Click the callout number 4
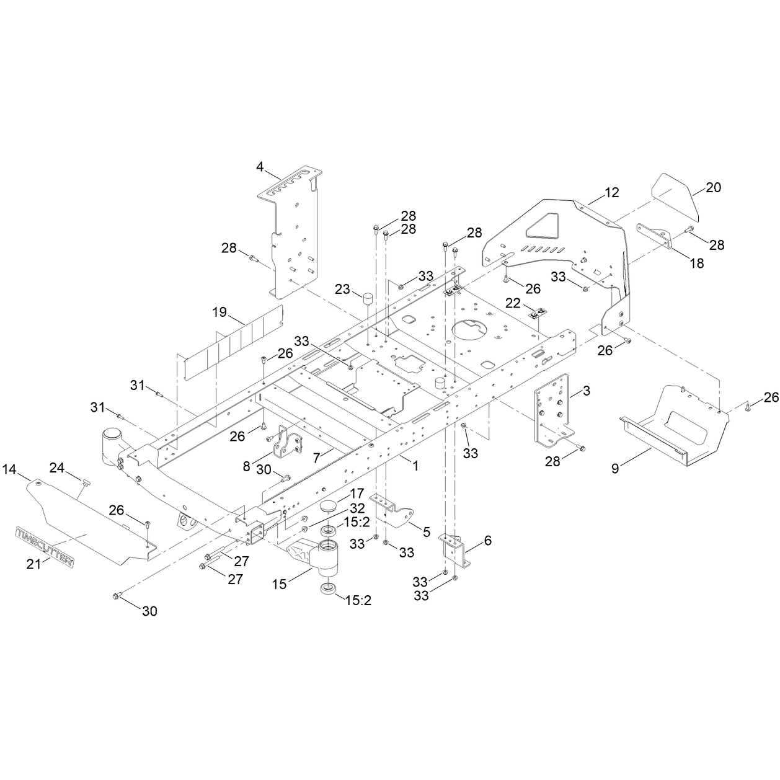(260, 166)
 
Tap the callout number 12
(611, 193)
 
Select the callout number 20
(713, 187)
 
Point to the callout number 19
(219, 312)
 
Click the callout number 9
(615, 469)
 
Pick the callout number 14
(9, 469)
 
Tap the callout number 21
(34, 564)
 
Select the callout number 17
(357, 494)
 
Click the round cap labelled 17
(329, 507)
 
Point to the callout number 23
(342, 289)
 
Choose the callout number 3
(587, 391)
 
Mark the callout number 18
(697, 263)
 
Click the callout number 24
(57, 468)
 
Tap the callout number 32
(357, 508)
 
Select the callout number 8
(247, 467)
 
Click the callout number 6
(488, 540)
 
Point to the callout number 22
(513, 303)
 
